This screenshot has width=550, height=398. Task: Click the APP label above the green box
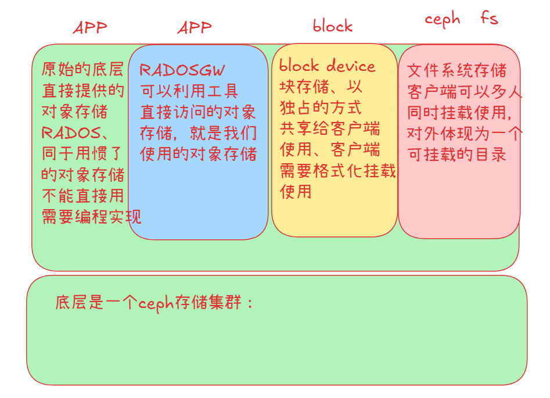(90, 28)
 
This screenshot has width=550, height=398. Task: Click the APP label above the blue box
(194, 27)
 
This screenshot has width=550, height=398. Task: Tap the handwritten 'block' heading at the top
(332, 26)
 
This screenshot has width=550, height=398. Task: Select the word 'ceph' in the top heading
(442, 19)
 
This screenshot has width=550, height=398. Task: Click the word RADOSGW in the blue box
(182, 70)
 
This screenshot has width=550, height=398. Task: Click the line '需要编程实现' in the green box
(91, 217)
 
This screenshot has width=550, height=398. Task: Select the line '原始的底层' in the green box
(82, 70)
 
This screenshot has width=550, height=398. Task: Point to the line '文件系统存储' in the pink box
(456, 71)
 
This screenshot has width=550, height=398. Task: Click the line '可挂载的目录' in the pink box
(456, 154)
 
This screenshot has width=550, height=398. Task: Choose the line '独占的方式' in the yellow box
(321, 107)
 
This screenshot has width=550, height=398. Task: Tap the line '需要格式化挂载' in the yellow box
(337, 170)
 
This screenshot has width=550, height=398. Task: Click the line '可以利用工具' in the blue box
(189, 91)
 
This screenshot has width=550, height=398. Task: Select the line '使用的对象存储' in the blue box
(198, 154)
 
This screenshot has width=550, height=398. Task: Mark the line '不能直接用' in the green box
(82, 196)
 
